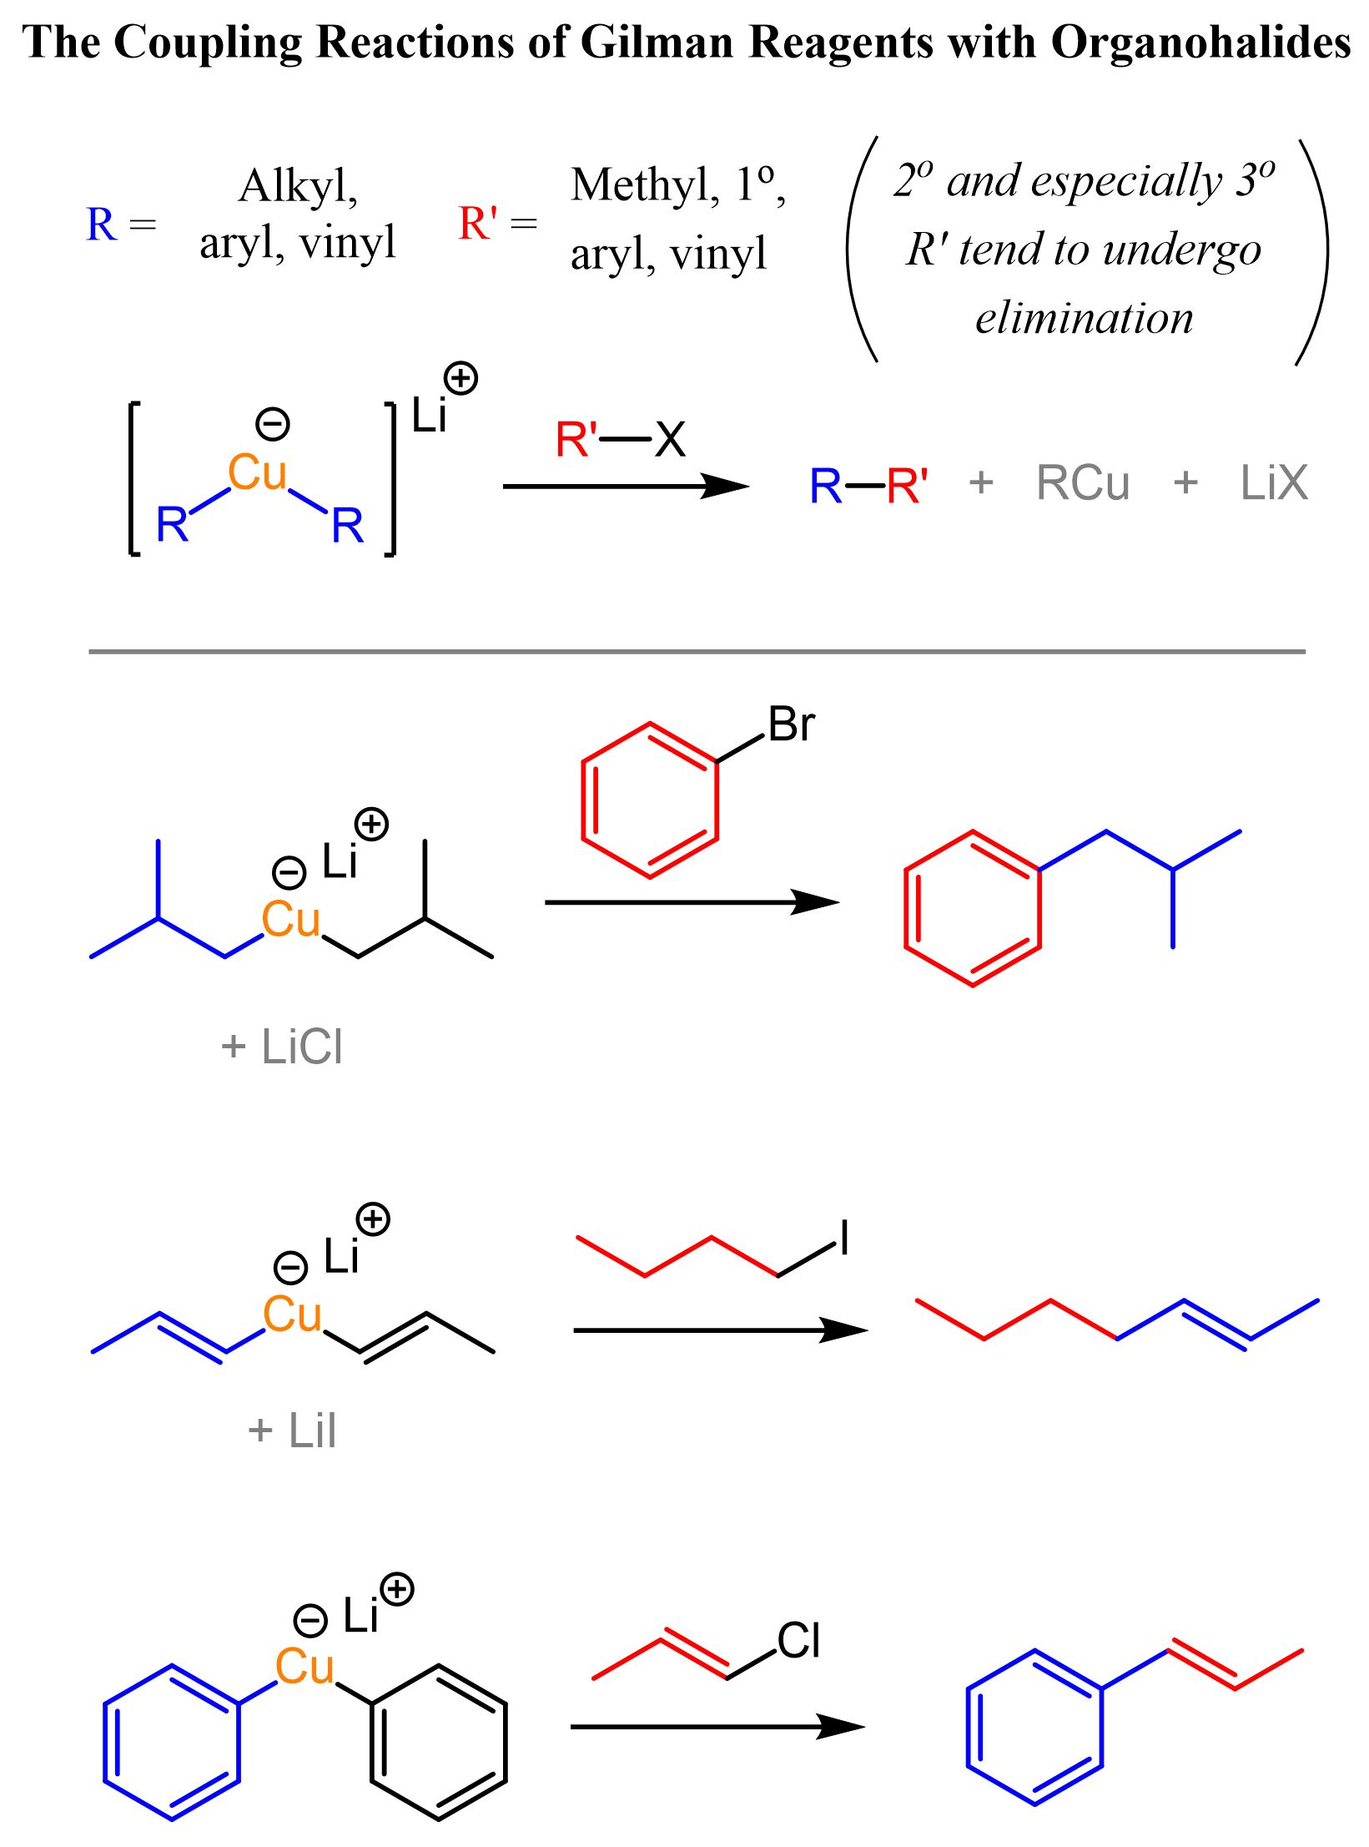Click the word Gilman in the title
pos(657,42)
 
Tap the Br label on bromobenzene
pos(790,724)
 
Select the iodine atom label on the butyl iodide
pos(844,1237)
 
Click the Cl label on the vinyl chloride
pos(798,1641)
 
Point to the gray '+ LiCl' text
pos(282,1047)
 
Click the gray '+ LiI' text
pos(292,1431)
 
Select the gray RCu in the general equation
pos(1082,483)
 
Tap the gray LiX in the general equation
pos(1273,483)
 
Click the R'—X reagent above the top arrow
pos(620,439)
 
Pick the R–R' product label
pos(868,485)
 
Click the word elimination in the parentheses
pos(1084,319)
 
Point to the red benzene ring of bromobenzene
pos(650,800)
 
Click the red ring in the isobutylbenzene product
pos(973,908)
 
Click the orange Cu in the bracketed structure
pos(257,473)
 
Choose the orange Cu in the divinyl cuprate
pos(292,1315)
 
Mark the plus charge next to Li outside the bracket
pos(461,378)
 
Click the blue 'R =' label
pos(120,225)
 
